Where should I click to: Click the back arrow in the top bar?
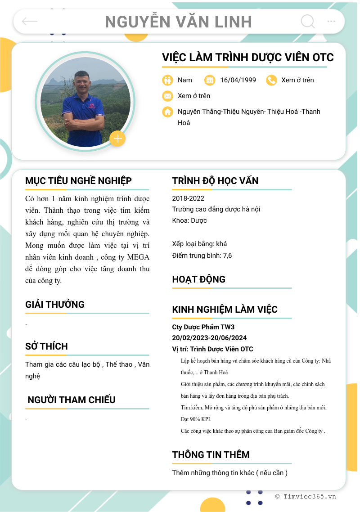[x=30, y=22]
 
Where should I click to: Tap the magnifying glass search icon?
[x=307, y=21]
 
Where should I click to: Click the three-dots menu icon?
[x=331, y=21]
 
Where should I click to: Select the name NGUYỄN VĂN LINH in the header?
[x=178, y=22]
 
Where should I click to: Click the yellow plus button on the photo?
[x=117, y=139]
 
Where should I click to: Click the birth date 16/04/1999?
[x=238, y=80]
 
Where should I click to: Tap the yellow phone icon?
[x=271, y=80]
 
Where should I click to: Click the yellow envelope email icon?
[x=167, y=96]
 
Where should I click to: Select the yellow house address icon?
[x=167, y=112]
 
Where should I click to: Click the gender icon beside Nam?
[x=167, y=80]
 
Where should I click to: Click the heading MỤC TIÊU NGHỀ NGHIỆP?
[x=78, y=181]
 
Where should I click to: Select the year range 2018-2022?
[x=188, y=198]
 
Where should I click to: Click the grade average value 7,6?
[x=227, y=256]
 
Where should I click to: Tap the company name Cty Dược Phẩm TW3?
[x=203, y=327]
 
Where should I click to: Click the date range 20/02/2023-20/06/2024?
[x=209, y=338]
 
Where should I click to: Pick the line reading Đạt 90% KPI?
[x=196, y=419]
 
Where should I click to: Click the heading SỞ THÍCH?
[x=46, y=346]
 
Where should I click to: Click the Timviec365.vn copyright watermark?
[x=306, y=497]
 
